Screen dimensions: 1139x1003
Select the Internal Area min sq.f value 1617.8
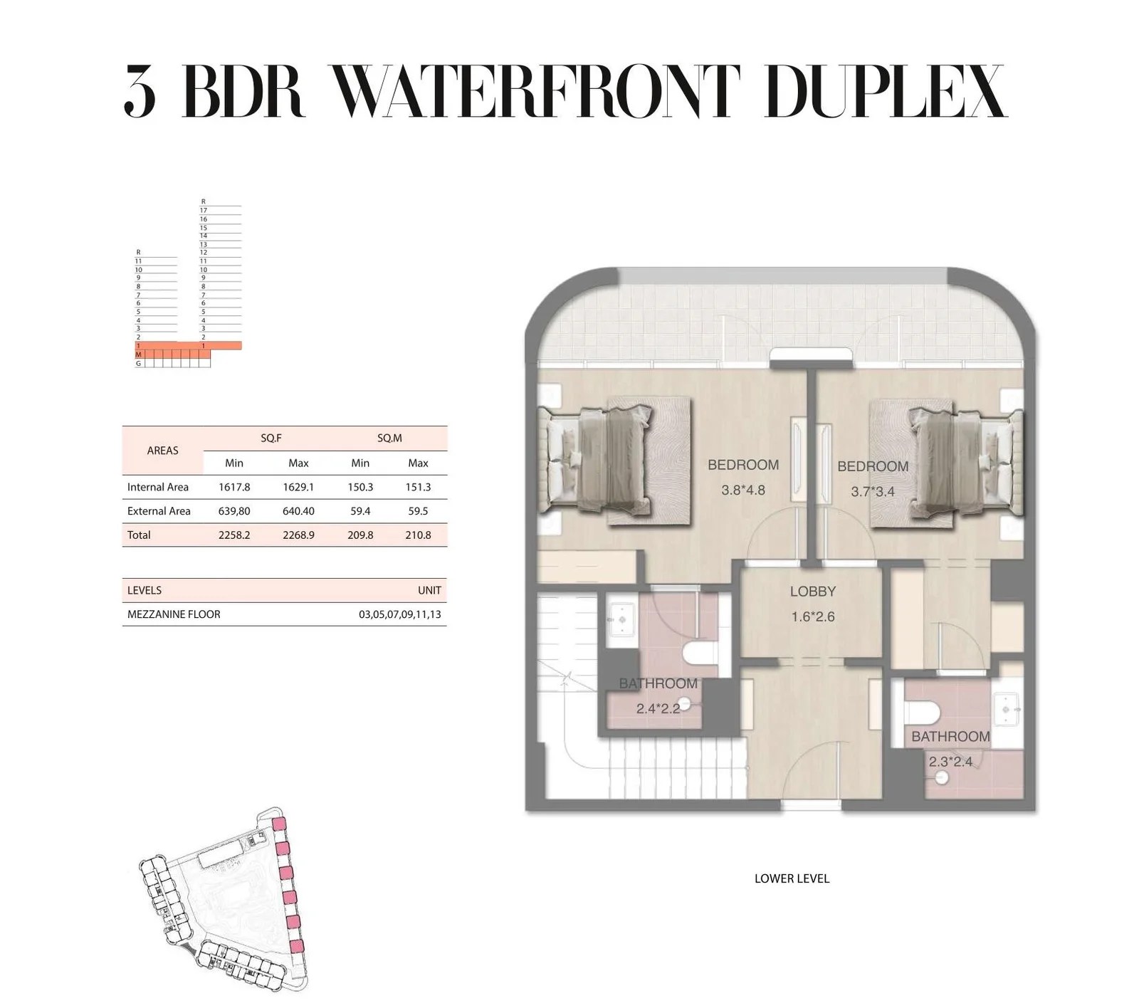pos(234,487)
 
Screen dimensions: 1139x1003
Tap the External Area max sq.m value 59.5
pos(418,511)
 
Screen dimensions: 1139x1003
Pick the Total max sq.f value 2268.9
pos(298,535)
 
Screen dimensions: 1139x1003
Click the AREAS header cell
pos(162,451)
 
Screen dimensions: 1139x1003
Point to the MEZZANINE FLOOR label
pos(174,614)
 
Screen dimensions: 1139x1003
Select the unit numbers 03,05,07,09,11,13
pos(400,614)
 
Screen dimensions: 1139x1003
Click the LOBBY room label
pos(813,592)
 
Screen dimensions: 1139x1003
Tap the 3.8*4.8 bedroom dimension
pos(743,490)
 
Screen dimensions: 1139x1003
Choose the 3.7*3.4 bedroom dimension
pos(873,491)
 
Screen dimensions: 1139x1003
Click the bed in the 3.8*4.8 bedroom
pos(595,460)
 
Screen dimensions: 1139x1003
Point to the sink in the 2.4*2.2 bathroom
pos(622,620)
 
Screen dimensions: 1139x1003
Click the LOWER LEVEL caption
pos(792,878)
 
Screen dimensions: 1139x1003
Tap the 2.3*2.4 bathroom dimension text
pos(950,762)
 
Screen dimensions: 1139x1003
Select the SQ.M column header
pos(389,439)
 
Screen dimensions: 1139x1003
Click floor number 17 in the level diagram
pos(204,211)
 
